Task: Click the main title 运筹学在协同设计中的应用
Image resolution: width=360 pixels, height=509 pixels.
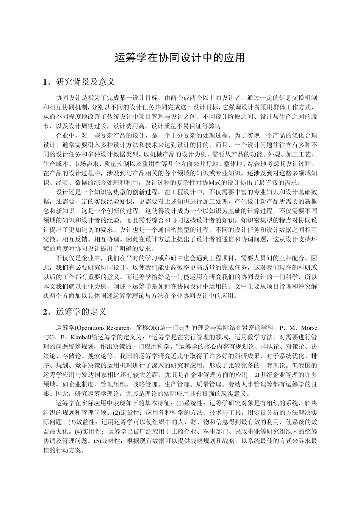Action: pyautogui.click(x=180, y=58)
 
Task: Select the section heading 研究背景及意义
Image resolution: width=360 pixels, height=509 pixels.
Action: pyautogui.click(x=85, y=82)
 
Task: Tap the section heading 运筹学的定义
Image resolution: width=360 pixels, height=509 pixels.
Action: pyautogui.click(x=81, y=312)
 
